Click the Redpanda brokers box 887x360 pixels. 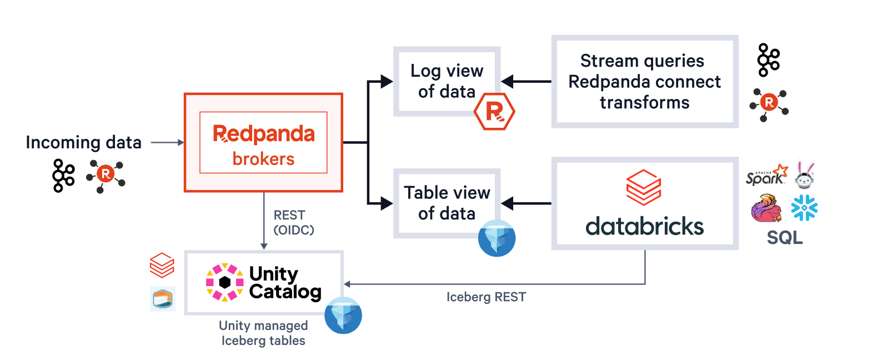pyautogui.click(x=263, y=143)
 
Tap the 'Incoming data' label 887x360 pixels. pyautogui.click(x=83, y=143)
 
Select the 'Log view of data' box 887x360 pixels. pyautogui.click(x=447, y=81)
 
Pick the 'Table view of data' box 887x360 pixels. pyautogui.click(x=447, y=203)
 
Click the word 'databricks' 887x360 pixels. pyautogui.click(x=644, y=227)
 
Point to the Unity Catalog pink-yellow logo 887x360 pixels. pyautogui.click(x=224, y=282)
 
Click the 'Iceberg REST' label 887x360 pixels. pyautogui.click(x=486, y=297)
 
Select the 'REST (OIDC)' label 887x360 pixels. pyautogui.click(x=293, y=222)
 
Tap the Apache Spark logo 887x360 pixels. pyautogui.click(x=766, y=175)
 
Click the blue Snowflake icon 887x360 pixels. pyautogui.click(x=804, y=208)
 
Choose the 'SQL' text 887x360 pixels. pyautogui.click(x=784, y=238)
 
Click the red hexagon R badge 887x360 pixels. pyautogui.click(x=494, y=112)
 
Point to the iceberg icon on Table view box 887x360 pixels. pyautogui.click(x=497, y=238)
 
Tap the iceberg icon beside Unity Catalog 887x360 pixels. pyautogui.click(x=343, y=315)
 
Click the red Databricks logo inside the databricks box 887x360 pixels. pyautogui.click(x=644, y=187)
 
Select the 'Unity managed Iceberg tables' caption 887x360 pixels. pyautogui.click(x=263, y=333)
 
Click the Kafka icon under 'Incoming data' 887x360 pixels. pyautogui.click(x=63, y=176)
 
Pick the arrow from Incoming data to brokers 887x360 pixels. pyautogui.click(x=167, y=143)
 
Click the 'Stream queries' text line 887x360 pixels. pyautogui.click(x=642, y=61)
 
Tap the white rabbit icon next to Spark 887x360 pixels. pyautogui.click(x=804, y=175)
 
